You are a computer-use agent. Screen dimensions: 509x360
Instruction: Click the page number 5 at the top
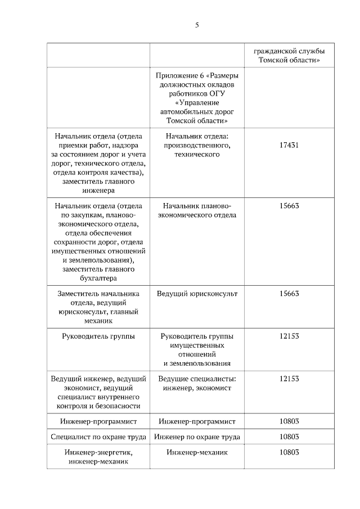pyautogui.click(x=197, y=25)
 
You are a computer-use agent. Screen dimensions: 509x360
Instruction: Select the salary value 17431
pyautogui.click(x=289, y=145)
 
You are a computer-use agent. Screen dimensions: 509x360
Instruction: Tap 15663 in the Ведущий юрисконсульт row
pyautogui.click(x=289, y=294)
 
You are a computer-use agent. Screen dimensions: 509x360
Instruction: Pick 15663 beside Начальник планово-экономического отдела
pyautogui.click(x=289, y=205)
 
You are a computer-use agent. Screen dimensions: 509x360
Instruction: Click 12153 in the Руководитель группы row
pyautogui.click(x=289, y=336)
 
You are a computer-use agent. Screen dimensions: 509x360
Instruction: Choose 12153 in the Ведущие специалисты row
pyautogui.click(x=289, y=379)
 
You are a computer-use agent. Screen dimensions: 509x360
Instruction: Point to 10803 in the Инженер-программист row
pyautogui.click(x=289, y=421)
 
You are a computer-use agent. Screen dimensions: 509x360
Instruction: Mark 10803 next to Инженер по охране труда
pyautogui.click(x=289, y=436)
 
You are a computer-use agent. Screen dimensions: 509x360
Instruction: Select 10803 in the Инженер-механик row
pyautogui.click(x=289, y=452)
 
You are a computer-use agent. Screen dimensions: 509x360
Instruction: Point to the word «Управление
pyautogui.click(x=197, y=103)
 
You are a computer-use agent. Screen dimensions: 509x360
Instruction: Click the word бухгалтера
pyautogui.click(x=98, y=278)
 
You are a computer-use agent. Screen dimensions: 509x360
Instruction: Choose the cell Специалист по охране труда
pyautogui.click(x=98, y=437)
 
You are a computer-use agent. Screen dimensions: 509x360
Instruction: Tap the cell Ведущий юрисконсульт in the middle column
pyautogui.click(x=197, y=294)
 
